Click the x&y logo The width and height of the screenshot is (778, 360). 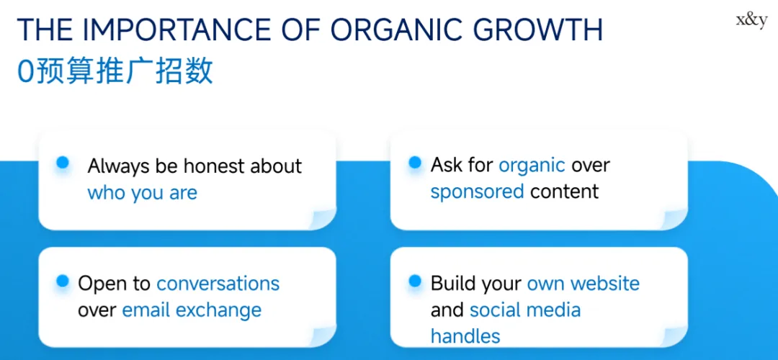(x=751, y=22)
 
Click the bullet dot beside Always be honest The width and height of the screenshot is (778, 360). (x=63, y=162)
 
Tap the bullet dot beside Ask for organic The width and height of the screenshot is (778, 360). (x=415, y=162)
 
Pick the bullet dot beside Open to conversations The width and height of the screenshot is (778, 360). (x=63, y=281)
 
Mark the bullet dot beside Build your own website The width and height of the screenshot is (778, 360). (x=415, y=281)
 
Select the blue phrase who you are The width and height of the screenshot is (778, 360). (x=143, y=193)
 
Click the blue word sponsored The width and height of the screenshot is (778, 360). (x=478, y=192)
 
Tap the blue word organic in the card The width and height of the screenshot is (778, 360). (x=532, y=166)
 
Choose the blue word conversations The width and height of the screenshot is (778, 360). (x=218, y=284)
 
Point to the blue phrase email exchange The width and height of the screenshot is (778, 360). (x=192, y=310)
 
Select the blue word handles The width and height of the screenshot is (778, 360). (x=465, y=336)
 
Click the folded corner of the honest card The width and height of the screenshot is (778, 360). (x=323, y=218)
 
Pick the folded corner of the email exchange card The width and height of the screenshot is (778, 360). (x=323, y=336)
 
